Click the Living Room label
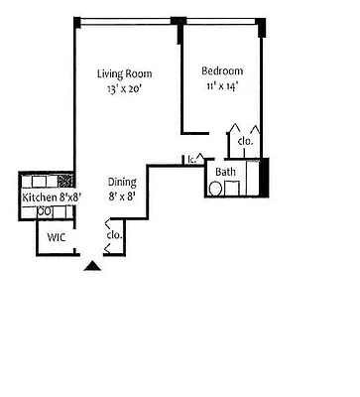pos(123,73)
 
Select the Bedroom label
pos(222,71)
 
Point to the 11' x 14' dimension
pos(222,86)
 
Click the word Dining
pos(123,182)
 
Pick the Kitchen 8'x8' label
pos(51,197)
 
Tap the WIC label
pos(56,237)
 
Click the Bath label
pos(225,171)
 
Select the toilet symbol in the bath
pos(216,188)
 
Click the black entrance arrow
pos(91,264)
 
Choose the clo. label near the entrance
pos(114,235)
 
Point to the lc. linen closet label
pos(189,159)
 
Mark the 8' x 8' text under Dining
pos(123,197)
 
